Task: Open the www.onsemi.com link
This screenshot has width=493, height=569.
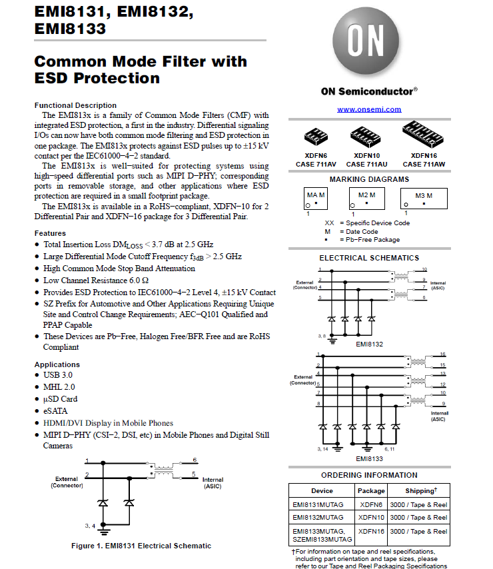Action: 369,109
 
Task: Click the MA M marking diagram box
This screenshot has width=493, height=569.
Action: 316,198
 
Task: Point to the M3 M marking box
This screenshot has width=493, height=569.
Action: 424,198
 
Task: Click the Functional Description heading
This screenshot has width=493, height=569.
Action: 75,105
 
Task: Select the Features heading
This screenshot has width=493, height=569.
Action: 50,233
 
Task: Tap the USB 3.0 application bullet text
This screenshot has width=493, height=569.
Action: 59,376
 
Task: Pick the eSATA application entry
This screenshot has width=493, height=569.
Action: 55,411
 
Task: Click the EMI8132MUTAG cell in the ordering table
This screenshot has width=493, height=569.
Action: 318,518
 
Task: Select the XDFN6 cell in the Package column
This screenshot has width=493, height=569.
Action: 371,505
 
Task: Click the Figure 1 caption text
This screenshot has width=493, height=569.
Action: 141,546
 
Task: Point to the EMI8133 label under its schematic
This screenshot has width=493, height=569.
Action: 368,458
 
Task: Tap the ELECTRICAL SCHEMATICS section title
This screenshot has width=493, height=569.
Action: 369,258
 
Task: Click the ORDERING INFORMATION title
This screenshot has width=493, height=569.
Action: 369,475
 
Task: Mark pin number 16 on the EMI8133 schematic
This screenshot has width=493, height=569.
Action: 442,354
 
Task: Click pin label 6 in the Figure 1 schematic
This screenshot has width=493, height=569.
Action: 194,460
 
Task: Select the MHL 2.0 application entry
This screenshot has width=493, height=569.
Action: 59,387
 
